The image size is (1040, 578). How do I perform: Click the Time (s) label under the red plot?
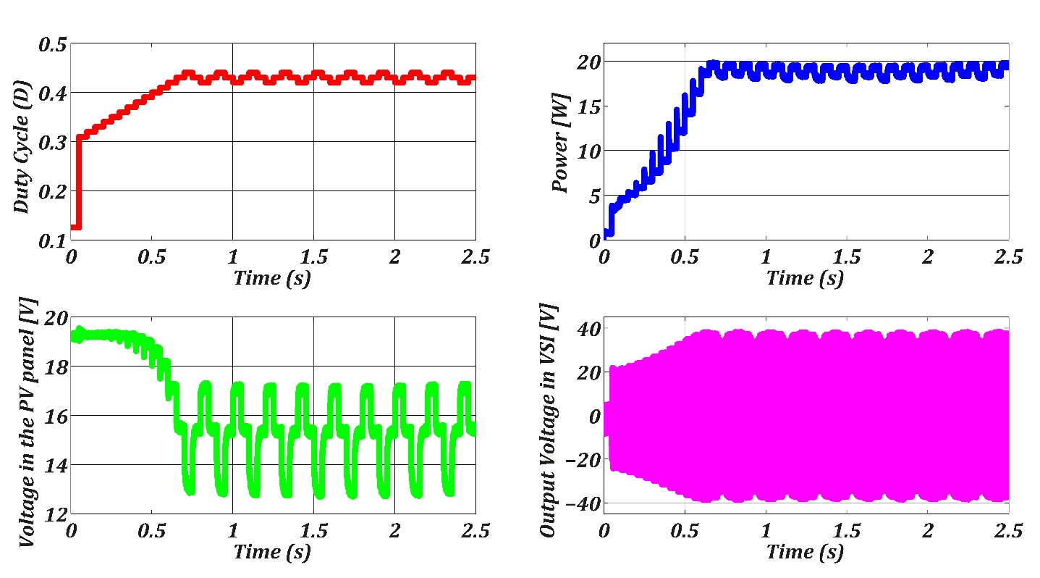pos(272,278)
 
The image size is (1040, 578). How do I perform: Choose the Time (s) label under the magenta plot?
pos(805,552)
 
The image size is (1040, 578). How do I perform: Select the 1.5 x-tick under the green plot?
pos(313,532)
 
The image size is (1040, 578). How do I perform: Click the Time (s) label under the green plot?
pos(272,552)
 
